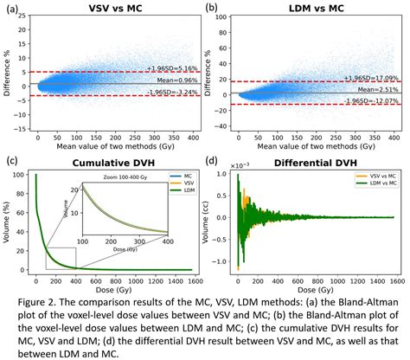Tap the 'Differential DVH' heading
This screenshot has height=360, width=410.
[310, 162]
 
